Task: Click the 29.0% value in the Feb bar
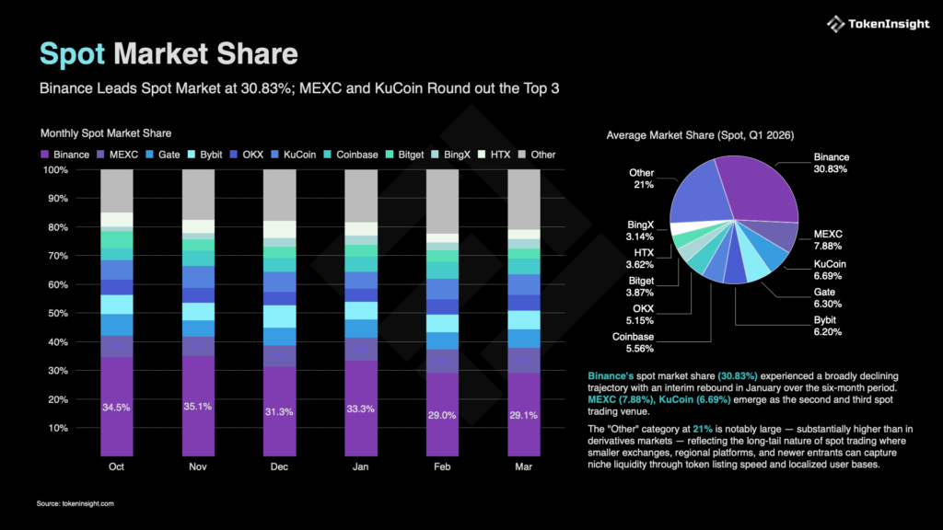(x=442, y=416)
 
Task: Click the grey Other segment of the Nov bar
(x=198, y=194)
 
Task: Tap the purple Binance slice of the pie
(x=751, y=188)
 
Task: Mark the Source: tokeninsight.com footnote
(x=76, y=503)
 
